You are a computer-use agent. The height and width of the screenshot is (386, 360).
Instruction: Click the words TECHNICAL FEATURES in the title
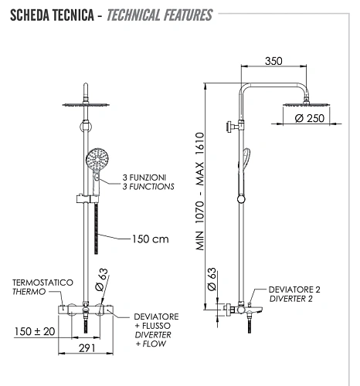159,15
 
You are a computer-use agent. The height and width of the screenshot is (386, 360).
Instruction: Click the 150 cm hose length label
150,239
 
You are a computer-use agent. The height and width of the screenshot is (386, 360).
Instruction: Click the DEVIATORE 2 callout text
294,289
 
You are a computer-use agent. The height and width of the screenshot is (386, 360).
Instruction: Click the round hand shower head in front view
100,161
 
